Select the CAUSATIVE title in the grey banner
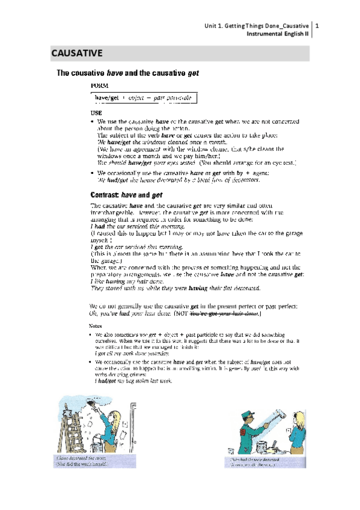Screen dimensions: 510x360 click(76, 54)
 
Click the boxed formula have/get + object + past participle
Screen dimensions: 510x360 click(144, 97)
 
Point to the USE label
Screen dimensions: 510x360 click(96, 112)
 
